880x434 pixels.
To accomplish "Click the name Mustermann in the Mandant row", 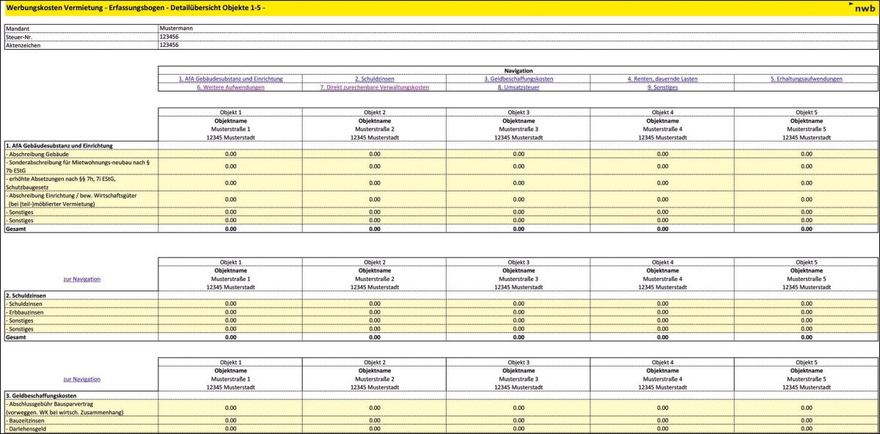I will click(175, 28).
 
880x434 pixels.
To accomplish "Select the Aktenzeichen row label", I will click(23, 45).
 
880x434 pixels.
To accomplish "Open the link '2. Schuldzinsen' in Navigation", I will click(374, 78).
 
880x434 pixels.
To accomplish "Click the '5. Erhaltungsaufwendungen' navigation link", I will click(806, 78).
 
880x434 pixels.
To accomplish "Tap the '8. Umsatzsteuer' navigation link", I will click(518, 87).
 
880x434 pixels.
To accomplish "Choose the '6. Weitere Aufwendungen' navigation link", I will click(230, 87).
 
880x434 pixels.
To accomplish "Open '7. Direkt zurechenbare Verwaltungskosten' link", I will click(374, 87).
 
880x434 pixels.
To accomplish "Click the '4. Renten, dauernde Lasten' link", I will click(662, 78).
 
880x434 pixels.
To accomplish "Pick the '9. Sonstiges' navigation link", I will click(662, 87).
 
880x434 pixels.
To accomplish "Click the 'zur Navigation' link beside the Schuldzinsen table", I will click(81, 279).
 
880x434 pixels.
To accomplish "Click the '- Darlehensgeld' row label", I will click(26, 429).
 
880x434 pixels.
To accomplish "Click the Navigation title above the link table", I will click(518, 70).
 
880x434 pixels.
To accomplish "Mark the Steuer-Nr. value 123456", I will click(169, 37).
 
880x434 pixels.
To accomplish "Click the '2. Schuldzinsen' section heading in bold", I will click(26, 295).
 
